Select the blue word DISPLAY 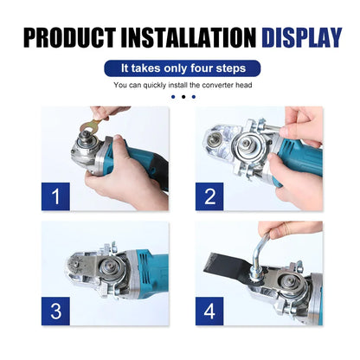coord(299,37)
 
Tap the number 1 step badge coord(56,197)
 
